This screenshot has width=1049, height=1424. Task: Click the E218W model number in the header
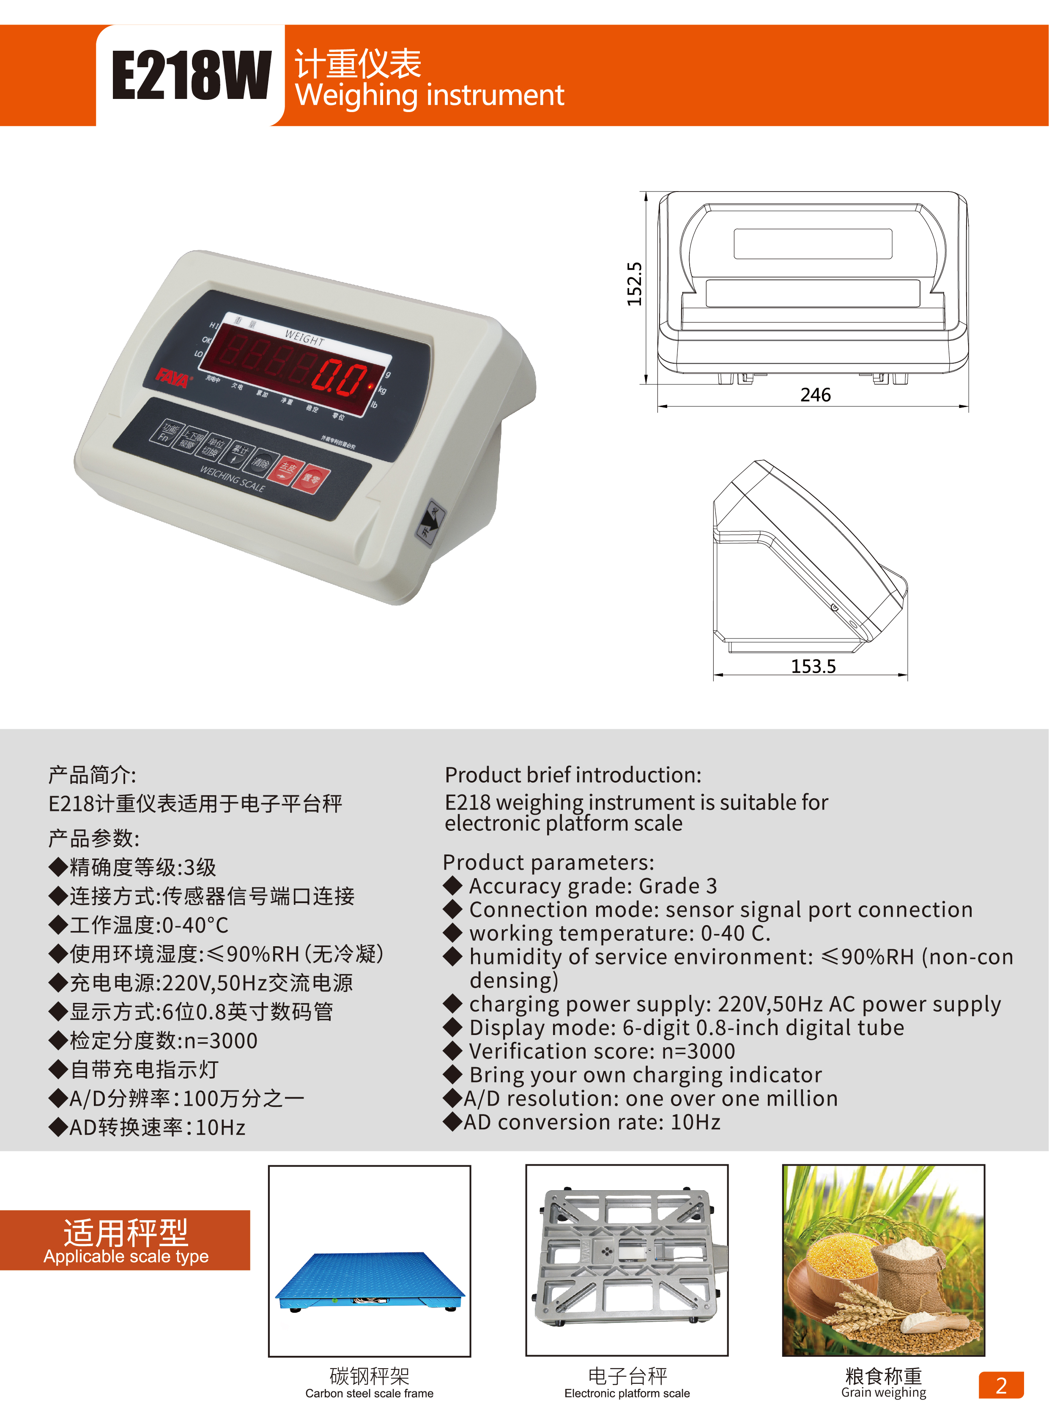point(191,76)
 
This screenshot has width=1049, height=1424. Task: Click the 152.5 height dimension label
point(634,284)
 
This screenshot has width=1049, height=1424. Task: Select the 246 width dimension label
point(815,395)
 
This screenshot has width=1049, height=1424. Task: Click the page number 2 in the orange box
point(1001,1385)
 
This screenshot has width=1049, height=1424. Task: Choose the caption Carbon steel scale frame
point(369,1393)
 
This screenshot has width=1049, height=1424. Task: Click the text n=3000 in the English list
point(698,1052)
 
